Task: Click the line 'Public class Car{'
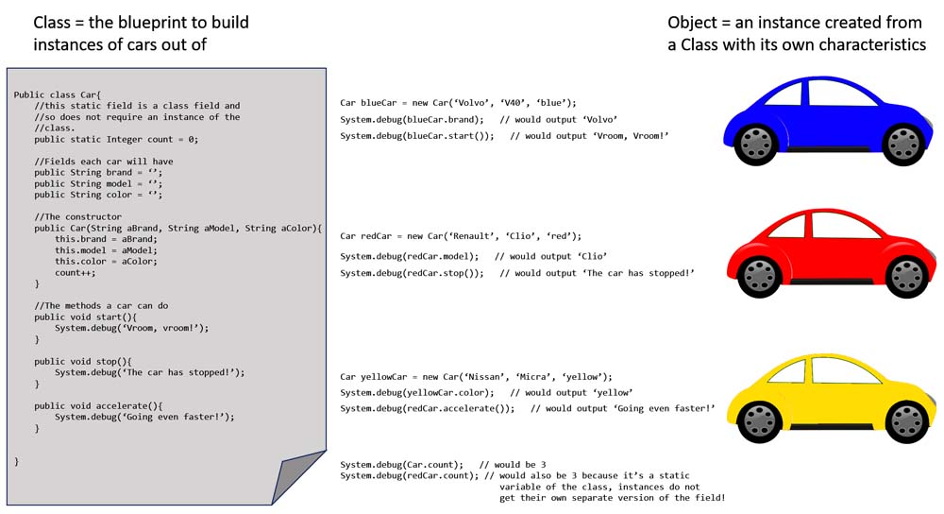(57, 95)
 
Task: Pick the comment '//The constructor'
(77, 217)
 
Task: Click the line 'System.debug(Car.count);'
(401, 465)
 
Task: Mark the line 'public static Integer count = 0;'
(116, 140)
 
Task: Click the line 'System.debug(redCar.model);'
(410, 256)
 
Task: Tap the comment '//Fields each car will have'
(104, 162)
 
